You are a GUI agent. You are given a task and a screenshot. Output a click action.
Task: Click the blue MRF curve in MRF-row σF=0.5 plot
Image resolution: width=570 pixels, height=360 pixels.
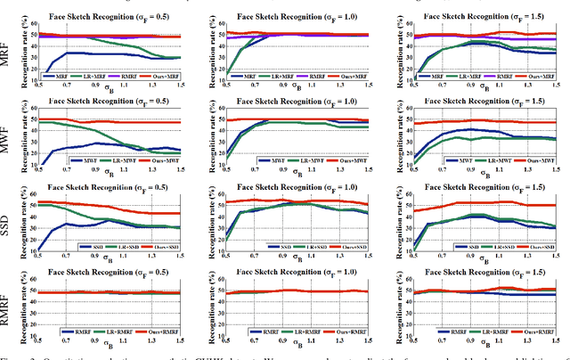click(x=89, y=54)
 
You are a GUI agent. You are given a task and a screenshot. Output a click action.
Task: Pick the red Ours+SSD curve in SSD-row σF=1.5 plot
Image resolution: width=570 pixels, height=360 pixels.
click(x=499, y=203)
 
